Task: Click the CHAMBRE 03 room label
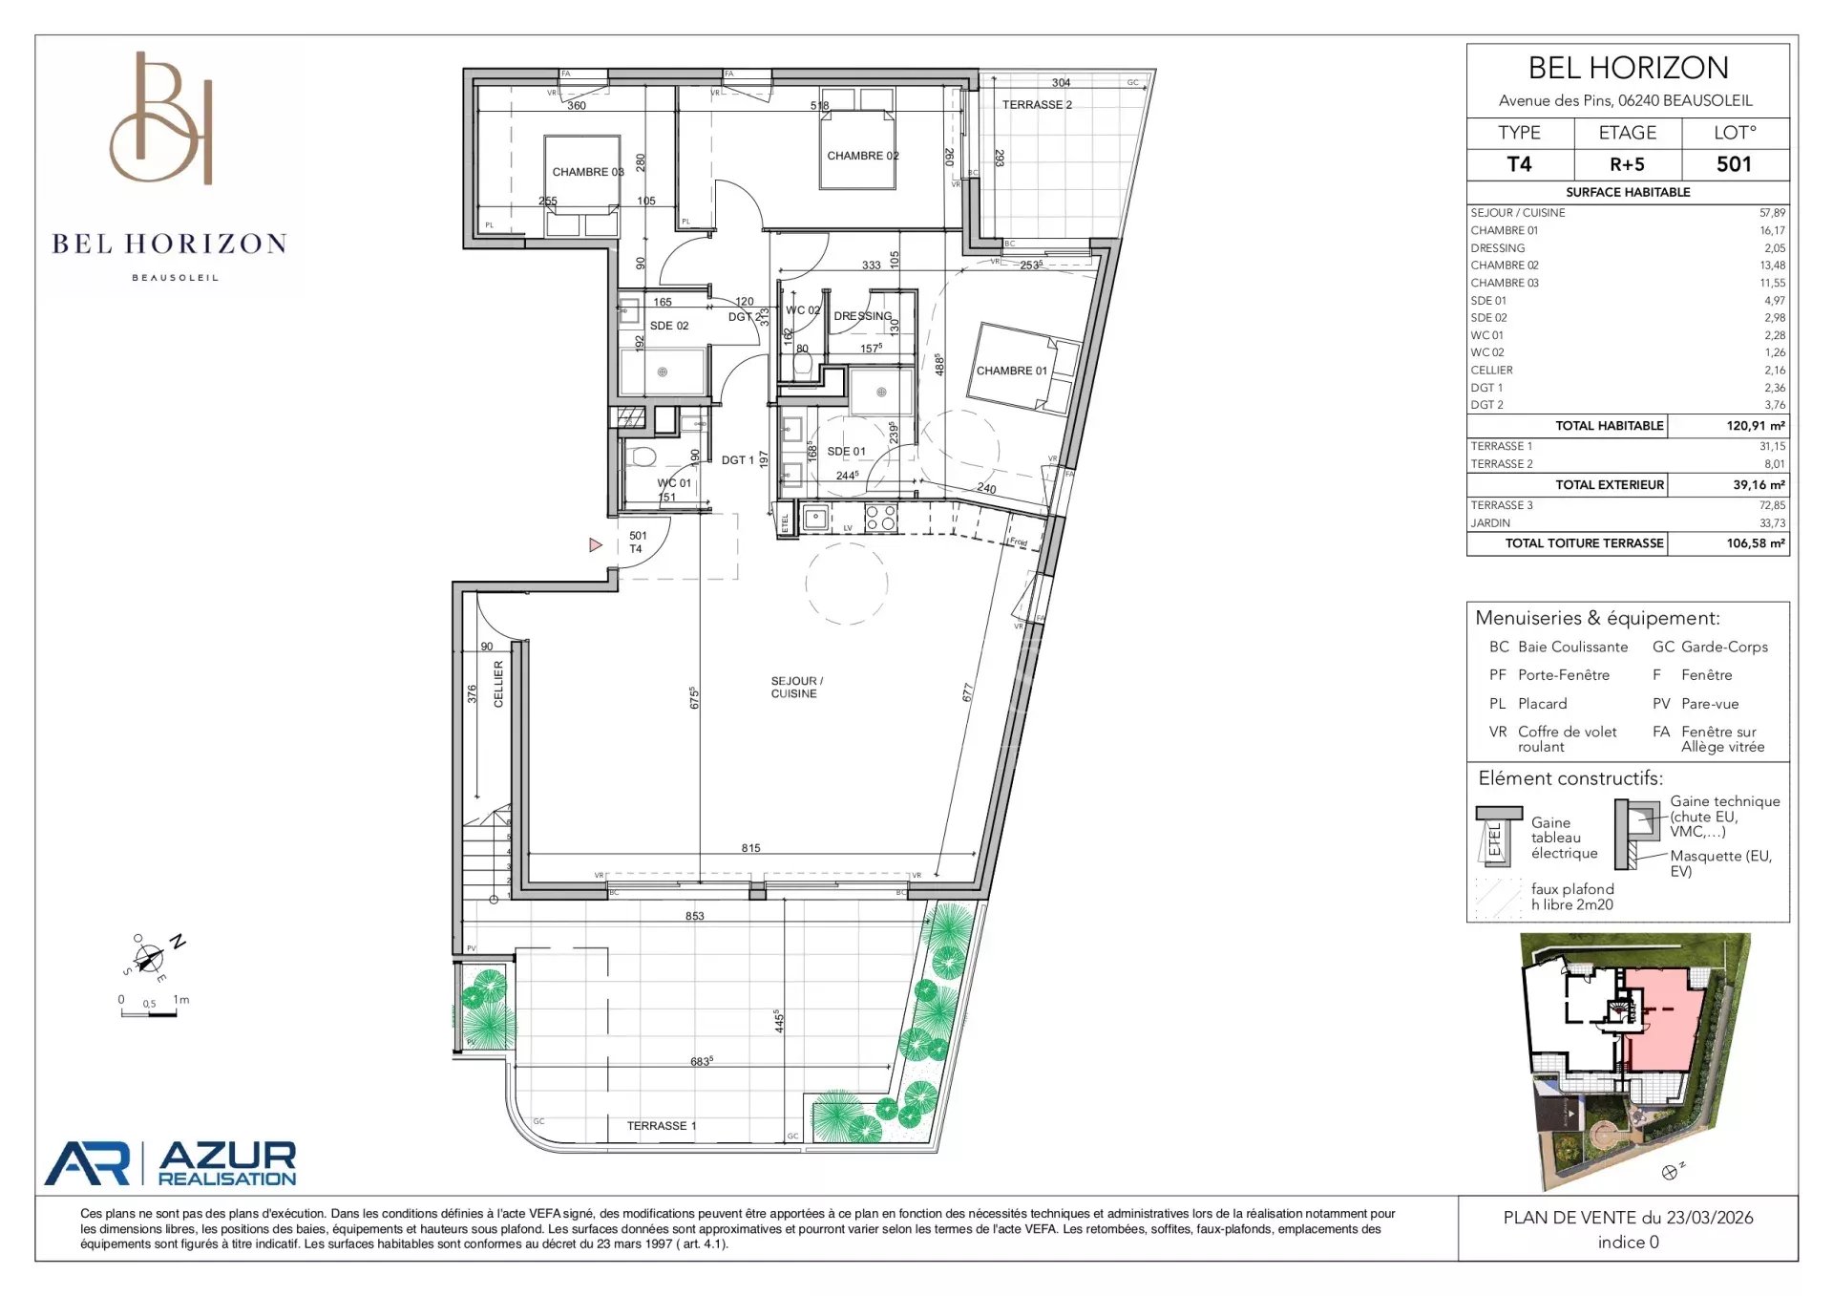pyautogui.click(x=587, y=172)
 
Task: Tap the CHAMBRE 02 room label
pyautogui.click(x=862, y=156)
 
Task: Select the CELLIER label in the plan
pyautogui.click(x=498, y=684)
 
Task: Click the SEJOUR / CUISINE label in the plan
pyautogui.click(x=796, y=688)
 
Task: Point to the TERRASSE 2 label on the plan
pyautogui.click(x=1037, y=105)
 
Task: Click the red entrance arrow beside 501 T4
pyautogui.click(x=596, y=545)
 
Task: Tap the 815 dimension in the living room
pyautogui.click(x=750, y=848)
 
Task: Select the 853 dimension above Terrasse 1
pyautogui.click(x=694, y=916)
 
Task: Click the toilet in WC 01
pyautogui.click(x=643, y=456)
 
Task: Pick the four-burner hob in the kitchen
pyautogui.click(x=880, y=518)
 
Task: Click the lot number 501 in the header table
pyautogui.click(x=1734, y=164)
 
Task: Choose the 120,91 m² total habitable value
pyautogui.click(x=1755, y=426)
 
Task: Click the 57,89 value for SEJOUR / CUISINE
pyautogui.click(x=1772, y=213)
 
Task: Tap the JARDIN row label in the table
pyautogui.click(x=1490, y=523)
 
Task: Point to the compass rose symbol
pyautogui.click(x=149, y=958)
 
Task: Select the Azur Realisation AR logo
pyautogui.click(x=88, y=1163)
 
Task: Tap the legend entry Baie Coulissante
pyautogui.click(x=1572, y=647)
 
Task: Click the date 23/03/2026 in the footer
pyautogui.click(x=1710, y=1218)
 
